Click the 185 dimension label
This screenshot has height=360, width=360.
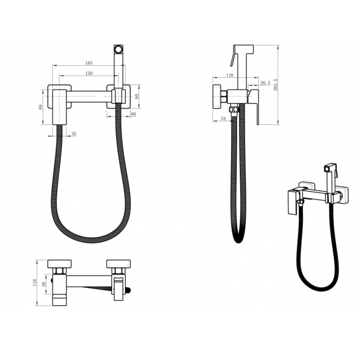pyautogui.click(x=89, y=63)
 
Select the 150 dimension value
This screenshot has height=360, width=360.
pyautogui.click(x=89, y=73)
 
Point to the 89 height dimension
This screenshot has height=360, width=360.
pyautogui.click(x=40, y=107)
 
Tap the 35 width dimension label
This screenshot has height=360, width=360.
pyautogui.click(x=74, y=134)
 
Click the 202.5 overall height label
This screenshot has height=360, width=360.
pyautogui.click(x=275, y=85)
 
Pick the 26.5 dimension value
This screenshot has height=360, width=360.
pyautogui.click(x=265, y=83)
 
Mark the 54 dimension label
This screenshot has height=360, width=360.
pyautogui.click(x=223, y=118)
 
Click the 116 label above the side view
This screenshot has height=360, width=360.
pyautogui.click(x=229, y=75)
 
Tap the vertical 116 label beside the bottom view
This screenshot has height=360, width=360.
pyautogui.click(x=35, y=283)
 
